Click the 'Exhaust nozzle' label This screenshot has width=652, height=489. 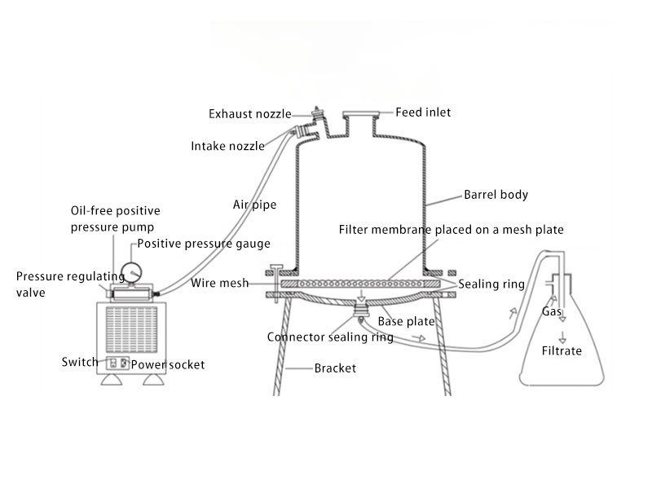[x=248, y=113]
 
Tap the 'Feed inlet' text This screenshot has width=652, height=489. [x=423, y=112]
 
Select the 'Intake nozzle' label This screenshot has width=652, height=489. [x=227, y=147]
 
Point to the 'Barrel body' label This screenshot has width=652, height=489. [x=496, y=195]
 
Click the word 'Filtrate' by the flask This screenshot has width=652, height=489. [x=562, y=351]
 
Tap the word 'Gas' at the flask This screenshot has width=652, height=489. [x=551, y=312]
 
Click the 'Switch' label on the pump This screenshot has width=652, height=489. [x=79, y=362]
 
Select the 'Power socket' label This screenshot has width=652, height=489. [x=168, y=364]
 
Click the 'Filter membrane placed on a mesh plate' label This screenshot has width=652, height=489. [x=451, y=230]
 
